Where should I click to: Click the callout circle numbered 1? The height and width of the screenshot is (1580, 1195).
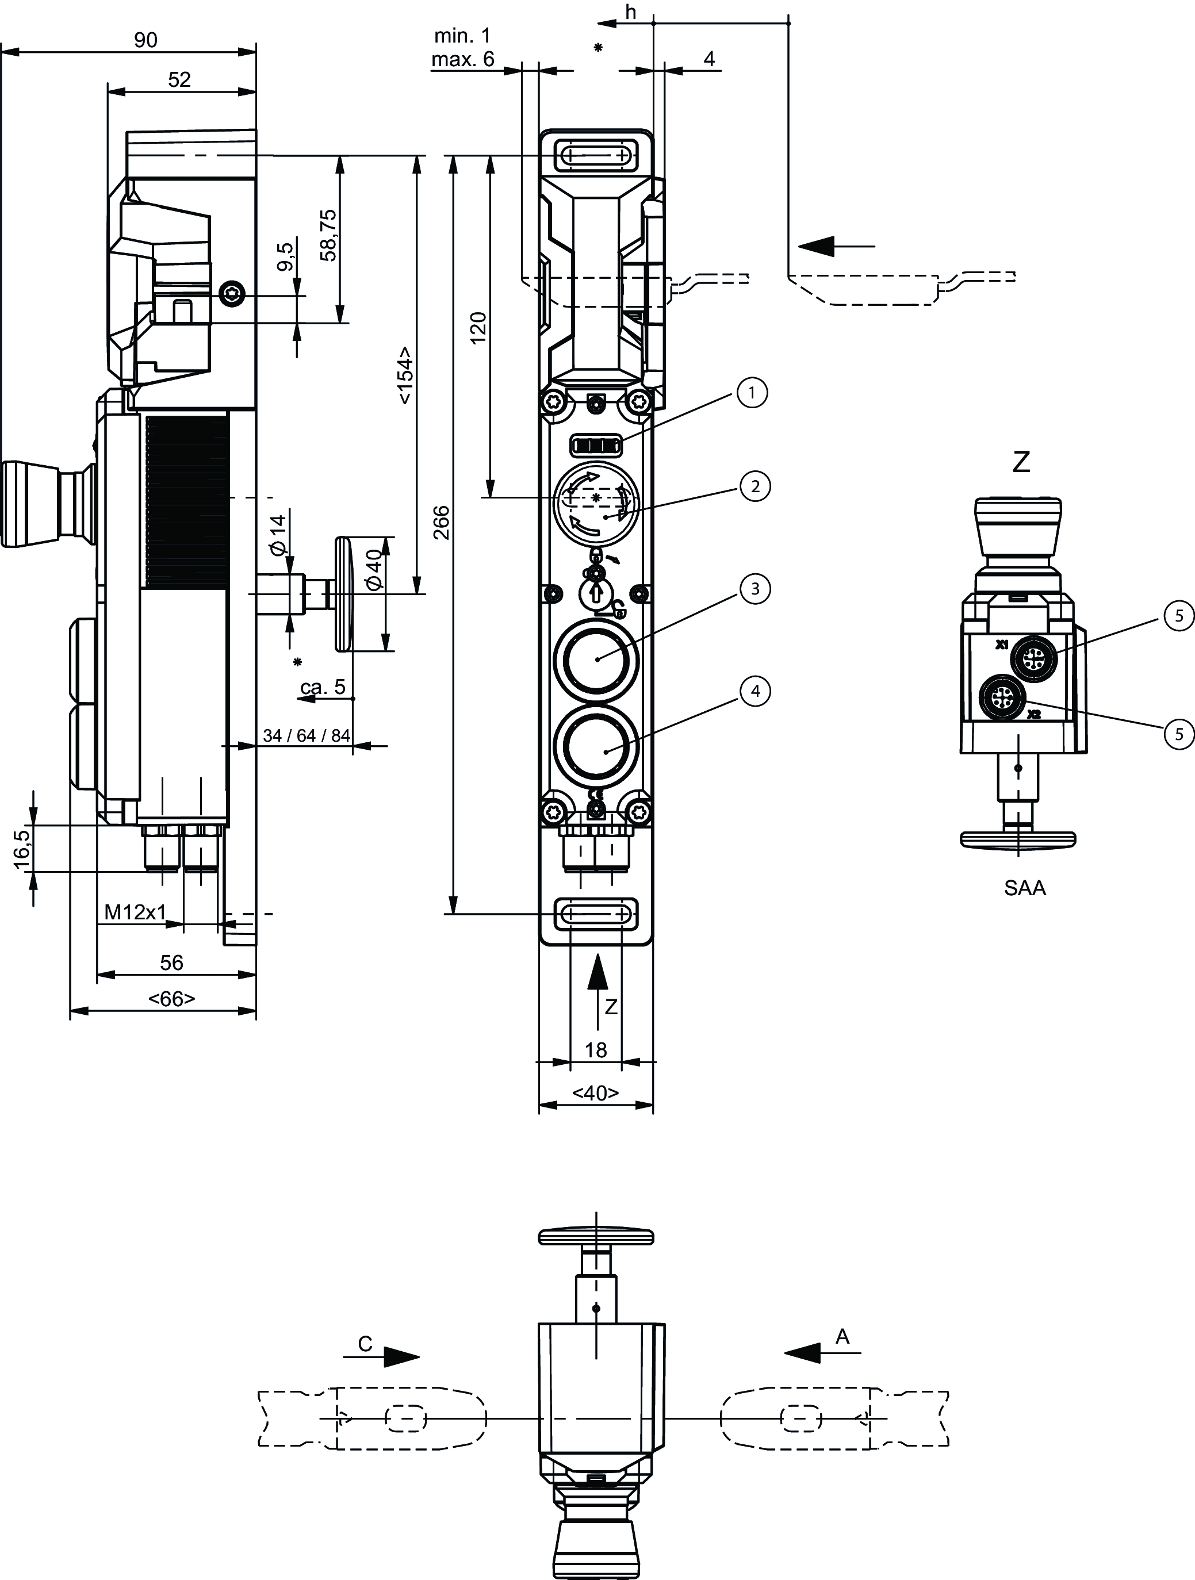tap(752, 392)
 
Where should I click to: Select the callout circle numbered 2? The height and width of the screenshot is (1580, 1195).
tap(755, 486)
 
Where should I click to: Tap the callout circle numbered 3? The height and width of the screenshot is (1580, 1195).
tap(755, 589)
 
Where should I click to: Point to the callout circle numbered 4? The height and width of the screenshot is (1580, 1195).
tap(755, 692)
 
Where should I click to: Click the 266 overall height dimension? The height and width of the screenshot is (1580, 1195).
tap(442, 522)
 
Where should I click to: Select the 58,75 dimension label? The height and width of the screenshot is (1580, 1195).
tap(328, 235)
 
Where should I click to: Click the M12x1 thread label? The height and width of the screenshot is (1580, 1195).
tap(135, 912)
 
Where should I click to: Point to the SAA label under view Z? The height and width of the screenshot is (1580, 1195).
tap(1024, 888)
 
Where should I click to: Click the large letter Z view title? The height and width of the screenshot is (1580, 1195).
tap(1021, 463)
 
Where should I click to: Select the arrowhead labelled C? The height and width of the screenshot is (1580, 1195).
tap(401, 1356)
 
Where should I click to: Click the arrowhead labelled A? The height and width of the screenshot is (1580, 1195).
tap(802, 1352)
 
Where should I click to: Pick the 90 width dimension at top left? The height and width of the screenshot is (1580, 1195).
tap(145, 40)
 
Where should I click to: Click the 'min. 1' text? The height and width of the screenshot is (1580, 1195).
tap(462, 36)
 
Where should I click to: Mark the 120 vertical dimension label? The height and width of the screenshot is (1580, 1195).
tap(478, 328)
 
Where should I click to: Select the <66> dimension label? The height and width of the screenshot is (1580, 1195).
tap(171, 998)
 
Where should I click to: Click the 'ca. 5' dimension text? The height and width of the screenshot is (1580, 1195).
tap(323, 687)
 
